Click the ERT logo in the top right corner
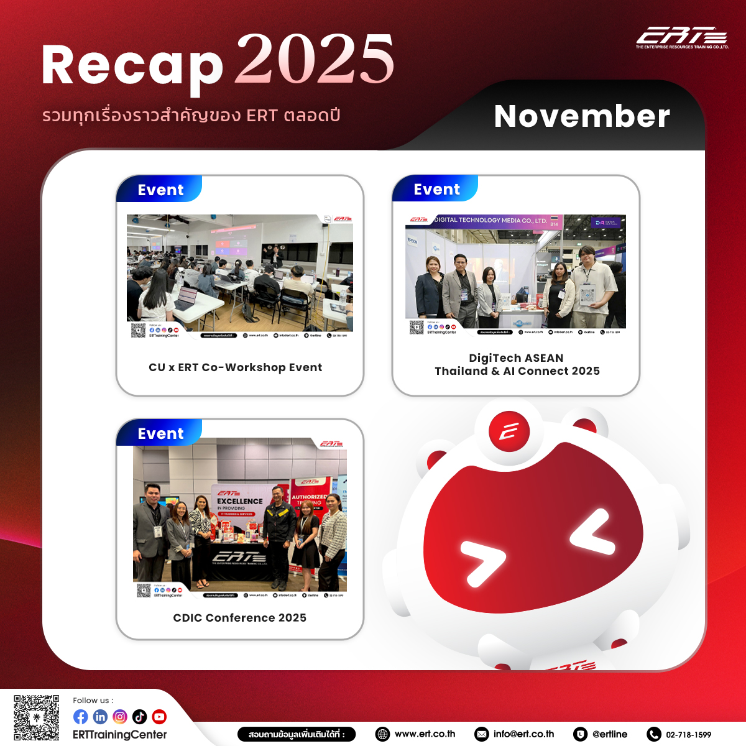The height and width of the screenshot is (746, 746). coord(682,37)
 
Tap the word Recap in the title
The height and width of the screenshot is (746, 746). coord(132,66)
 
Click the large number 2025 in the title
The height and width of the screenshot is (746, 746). coord(315,60)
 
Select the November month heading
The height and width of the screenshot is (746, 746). coord(582,116)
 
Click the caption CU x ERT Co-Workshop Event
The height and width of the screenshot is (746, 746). coord(236,367)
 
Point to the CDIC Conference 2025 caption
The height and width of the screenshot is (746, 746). coord(240,618)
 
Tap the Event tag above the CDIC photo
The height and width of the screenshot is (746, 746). coord(160,433)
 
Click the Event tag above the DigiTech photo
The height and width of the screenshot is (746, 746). coord(436,190)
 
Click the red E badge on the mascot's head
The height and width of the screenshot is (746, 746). coord(509,431)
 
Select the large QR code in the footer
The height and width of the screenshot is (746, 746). coord(37,717)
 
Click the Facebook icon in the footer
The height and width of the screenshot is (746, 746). coord(81,717)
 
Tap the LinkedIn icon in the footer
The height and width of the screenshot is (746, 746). coord(100,717)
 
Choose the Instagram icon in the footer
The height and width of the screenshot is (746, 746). coord(120,717)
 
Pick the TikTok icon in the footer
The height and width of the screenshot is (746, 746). coord(140,717)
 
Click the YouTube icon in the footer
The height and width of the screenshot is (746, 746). coord(159,717)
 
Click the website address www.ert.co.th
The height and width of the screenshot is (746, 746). coord(425,734)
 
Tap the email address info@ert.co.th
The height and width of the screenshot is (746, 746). coord(523,734)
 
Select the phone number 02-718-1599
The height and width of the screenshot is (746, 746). coord(688,735)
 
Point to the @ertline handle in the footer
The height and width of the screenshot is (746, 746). coord(609,734)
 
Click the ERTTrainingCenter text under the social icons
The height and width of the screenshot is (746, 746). coord(120,735)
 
